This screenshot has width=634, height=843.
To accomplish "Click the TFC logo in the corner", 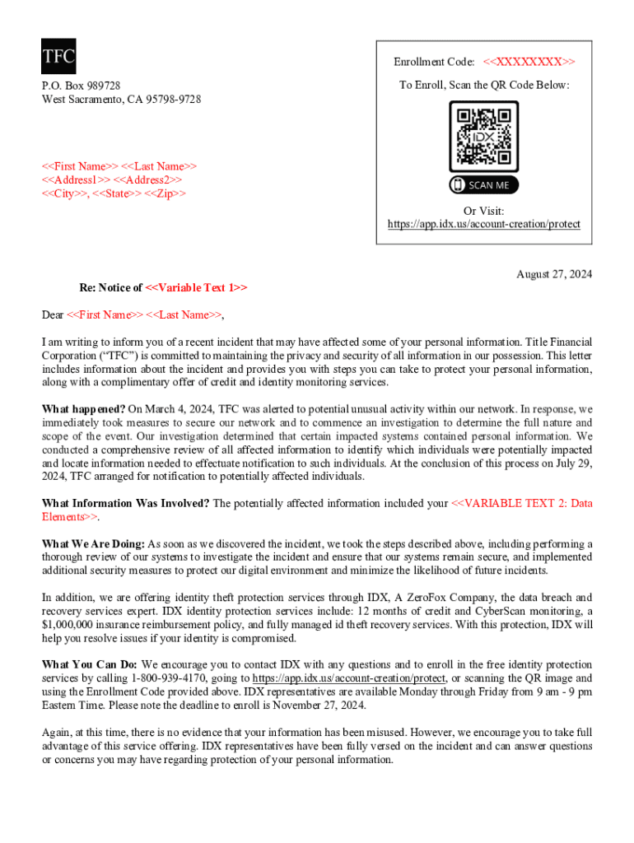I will (58, 56).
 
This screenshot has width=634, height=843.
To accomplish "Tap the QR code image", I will (483, 136).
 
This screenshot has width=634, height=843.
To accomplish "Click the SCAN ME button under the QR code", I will (483, 185).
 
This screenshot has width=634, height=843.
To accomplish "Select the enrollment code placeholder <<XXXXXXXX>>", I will (529, 62).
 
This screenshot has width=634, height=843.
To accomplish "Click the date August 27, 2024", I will (553, 273).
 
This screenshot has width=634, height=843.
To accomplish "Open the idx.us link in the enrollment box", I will (483, 224).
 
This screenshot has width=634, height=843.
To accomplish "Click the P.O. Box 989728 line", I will (82, 86).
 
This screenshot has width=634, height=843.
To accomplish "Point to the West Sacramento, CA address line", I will (121, 100).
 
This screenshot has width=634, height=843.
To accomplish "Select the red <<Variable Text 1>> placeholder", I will (196, 287).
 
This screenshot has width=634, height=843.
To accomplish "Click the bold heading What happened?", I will (83, 408).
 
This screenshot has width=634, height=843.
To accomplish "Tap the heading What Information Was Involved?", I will (125, 503).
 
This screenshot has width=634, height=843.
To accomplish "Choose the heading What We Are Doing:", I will (93, 544).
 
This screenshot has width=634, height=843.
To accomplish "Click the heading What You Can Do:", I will (90, 664).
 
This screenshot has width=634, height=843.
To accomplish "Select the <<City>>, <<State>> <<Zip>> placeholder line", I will (114, 193).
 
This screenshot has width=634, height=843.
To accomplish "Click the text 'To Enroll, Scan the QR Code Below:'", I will (483, 85).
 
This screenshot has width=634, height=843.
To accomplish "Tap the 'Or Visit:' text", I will (483, 211).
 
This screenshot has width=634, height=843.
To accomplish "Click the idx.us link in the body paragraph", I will (348, 678).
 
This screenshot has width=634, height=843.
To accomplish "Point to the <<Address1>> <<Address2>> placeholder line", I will (112, 179).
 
